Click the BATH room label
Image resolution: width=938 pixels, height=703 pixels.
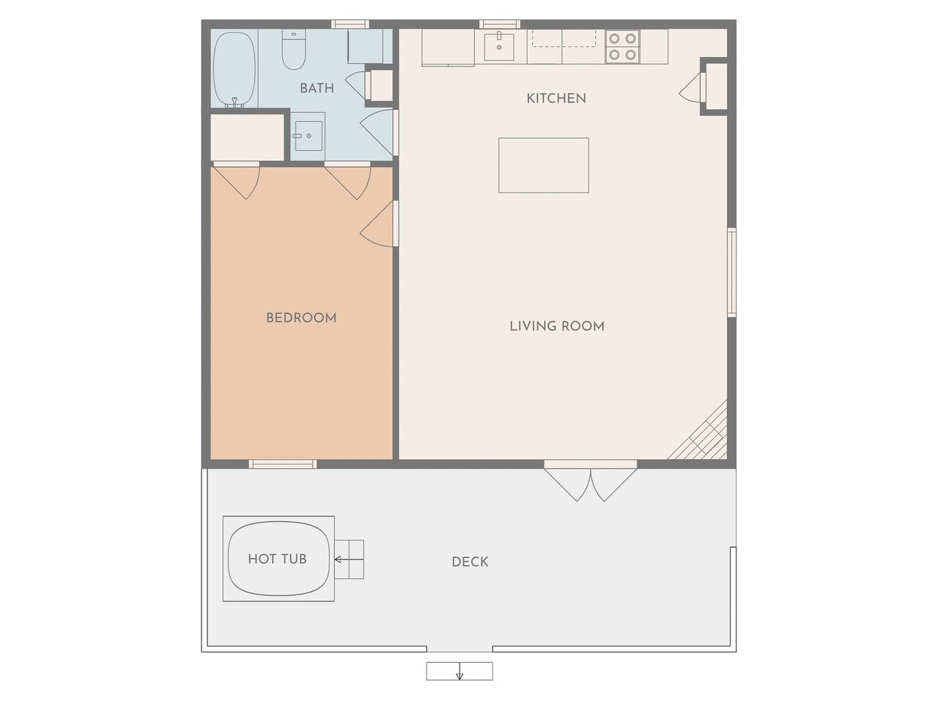click(317, 89)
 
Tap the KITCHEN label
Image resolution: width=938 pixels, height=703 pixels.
click(556, 99)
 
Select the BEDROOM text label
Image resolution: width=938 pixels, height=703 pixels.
click(301, 318)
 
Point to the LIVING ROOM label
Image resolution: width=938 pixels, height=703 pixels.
click(557, 327)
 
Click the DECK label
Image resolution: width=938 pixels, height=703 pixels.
click(470, 562)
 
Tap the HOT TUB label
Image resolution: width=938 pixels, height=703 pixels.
click(277, 559)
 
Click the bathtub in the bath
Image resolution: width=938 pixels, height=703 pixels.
click(234, 70)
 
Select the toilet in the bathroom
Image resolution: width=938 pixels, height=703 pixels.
click(294, 50)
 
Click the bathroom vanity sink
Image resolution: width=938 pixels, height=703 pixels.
click(309, 135)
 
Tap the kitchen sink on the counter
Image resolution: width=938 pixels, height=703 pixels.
click(499, 46)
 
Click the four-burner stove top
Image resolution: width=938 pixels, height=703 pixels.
click(622, 47)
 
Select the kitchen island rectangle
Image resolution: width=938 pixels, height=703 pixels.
click(544, 165)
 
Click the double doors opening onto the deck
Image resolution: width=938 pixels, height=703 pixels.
click(590, 480)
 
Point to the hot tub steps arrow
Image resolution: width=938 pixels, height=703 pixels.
click(349, 559)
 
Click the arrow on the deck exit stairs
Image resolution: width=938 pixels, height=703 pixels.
click(459, 671)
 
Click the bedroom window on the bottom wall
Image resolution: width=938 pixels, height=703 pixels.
click(283, 464)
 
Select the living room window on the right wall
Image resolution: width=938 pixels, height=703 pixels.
click(731, 272)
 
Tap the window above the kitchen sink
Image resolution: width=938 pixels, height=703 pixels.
click(500, 24)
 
